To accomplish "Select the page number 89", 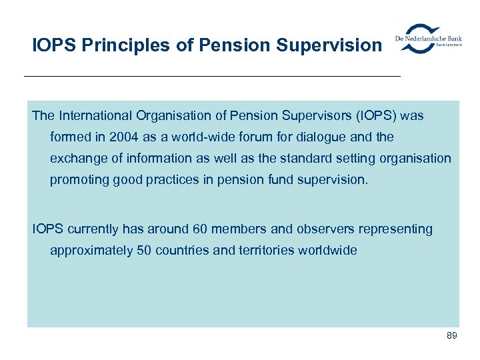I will (x=451, y=335).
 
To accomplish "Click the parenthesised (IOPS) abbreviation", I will (x=372, y=116).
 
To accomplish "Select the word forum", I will (x=248, y=137).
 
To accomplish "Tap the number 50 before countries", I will (x=145, y=251).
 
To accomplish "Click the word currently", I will (x=93, y=229).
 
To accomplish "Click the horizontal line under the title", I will (x=212, y=77).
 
